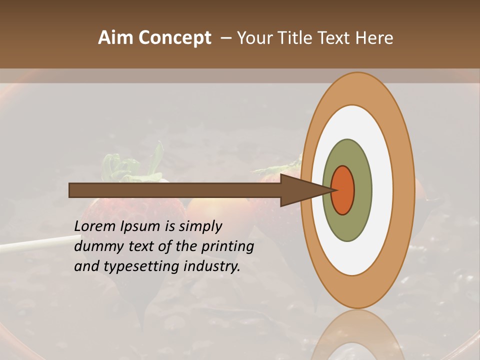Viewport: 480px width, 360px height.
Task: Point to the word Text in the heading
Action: (x=336, y=38)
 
